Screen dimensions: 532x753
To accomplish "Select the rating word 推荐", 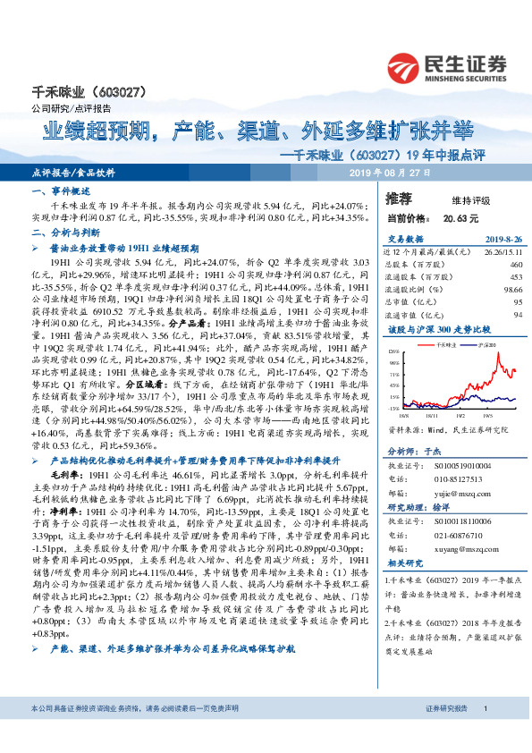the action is pos(398,198).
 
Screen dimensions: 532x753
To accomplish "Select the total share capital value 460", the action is pos(515,265).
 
